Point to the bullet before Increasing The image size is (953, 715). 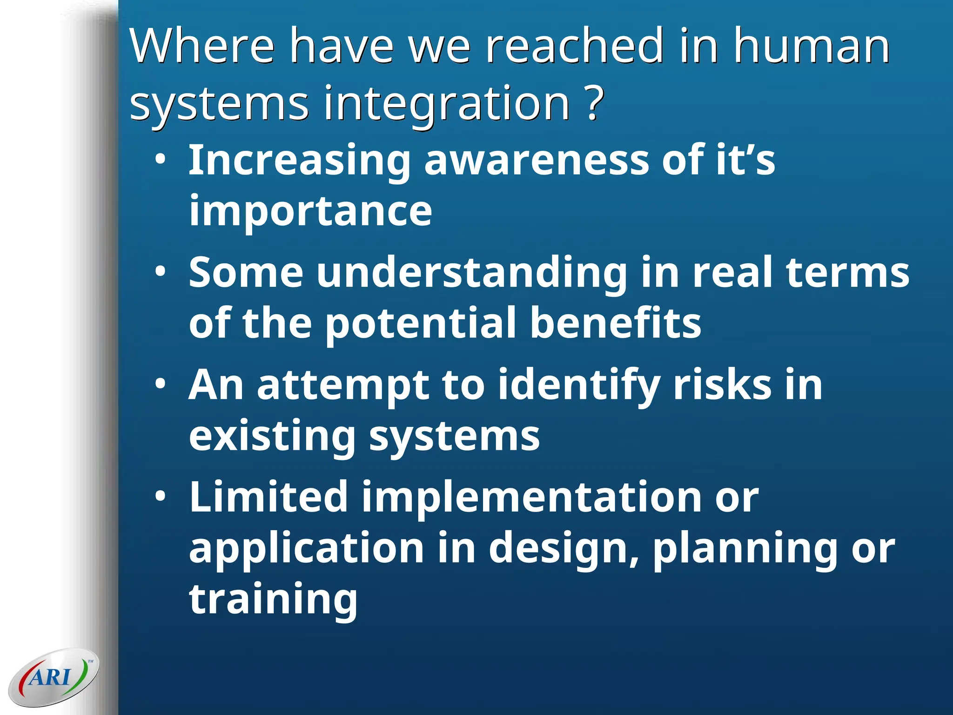pyautogui.click(x=160, y=159)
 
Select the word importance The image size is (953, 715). pyautogui.click(x=310, y=212)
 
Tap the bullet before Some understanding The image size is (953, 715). pyautogui.click(x=160, y=272)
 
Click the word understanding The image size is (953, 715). pyautogui.click(x=472, y=274)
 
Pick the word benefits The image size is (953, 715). pyautogui.click(x=615, y=323)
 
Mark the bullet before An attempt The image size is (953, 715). pyautogui.click(x=160, y=384)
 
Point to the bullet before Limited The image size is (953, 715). pyautogui.click(x=160, y=497)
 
